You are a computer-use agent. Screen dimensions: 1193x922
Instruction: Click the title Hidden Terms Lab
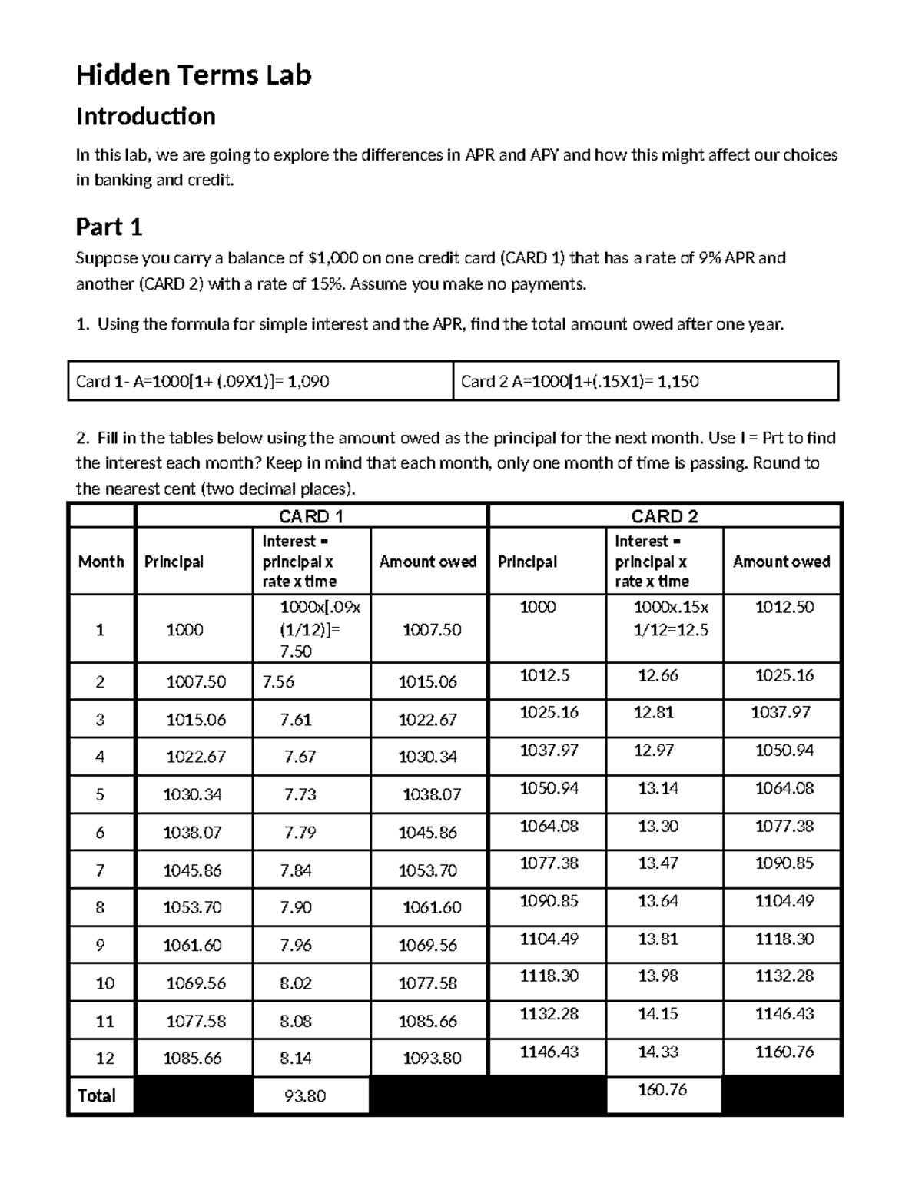[x=194, y=75]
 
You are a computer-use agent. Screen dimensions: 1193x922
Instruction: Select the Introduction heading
[x=145, y=117]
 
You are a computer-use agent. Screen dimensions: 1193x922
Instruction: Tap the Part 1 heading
[x=109, y=227]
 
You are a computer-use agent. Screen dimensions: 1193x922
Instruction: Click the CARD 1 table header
[x=310, y=516]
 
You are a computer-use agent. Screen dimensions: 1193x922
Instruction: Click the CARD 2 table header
[x=664, y=516]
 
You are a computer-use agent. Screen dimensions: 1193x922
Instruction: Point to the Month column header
[x=101, y=562]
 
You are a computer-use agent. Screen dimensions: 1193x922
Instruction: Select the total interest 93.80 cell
[x=305, y=1096]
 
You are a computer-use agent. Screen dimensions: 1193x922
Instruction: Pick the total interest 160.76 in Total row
[x=662, y=1089]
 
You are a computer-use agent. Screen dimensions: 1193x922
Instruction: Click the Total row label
[x=97, y=1095]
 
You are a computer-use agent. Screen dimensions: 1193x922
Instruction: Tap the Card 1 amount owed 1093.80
[x=432, y=1059]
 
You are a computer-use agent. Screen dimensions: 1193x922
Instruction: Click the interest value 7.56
[x=278, y=682]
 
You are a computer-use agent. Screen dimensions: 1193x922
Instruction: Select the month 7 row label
[x=100, y=870]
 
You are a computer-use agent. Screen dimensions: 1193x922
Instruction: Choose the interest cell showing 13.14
[x=658, y=788]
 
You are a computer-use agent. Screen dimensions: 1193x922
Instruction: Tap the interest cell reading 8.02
[x=296, y=983]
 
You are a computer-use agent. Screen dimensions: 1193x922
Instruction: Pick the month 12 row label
[x=104, y=1059]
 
